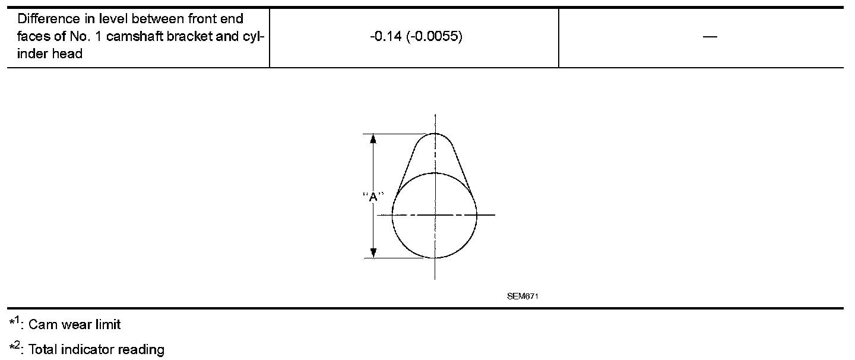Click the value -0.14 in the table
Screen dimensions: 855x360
pyautogui.click(x=386, y=36)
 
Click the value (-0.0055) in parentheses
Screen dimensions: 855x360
pyautogui.click(x=435, y=36)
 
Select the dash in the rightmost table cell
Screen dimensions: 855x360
pyautogui.click(x=710, y=37)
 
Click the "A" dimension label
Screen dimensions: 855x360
pyautogui.click(x=373, y=197)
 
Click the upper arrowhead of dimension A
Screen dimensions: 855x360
pyautogui.click(x=373, y=139)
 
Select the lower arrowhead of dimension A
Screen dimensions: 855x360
pyautogui.click(x=373, y=252)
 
